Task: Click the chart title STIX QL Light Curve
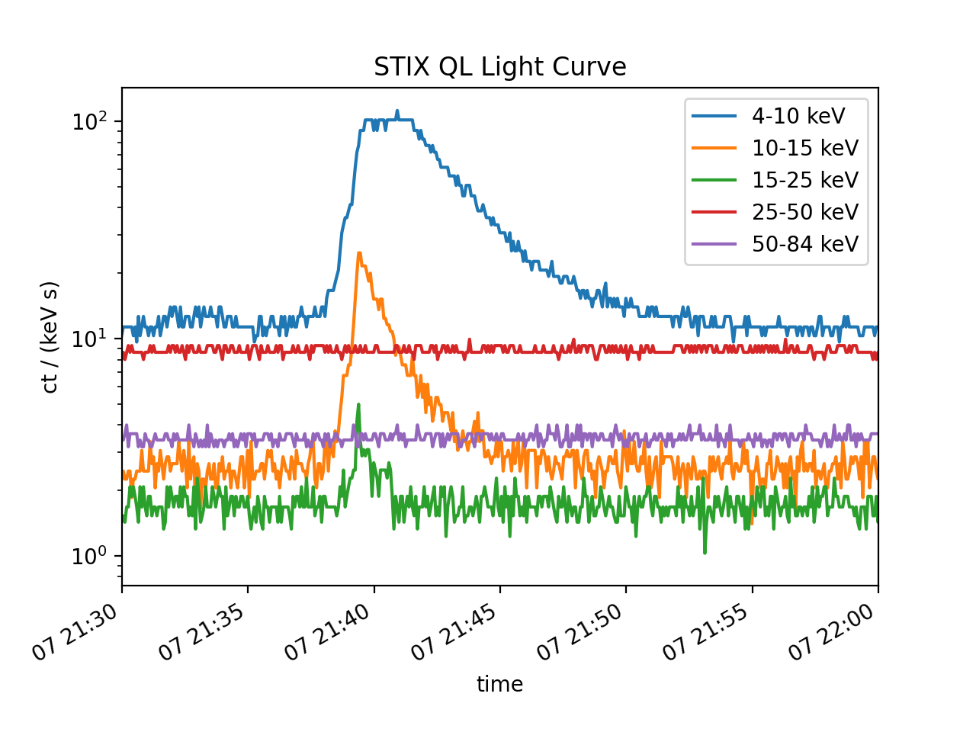499,67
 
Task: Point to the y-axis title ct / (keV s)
50,337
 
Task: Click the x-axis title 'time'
499,684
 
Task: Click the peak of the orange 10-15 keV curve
359,253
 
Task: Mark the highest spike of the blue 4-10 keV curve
396,111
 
